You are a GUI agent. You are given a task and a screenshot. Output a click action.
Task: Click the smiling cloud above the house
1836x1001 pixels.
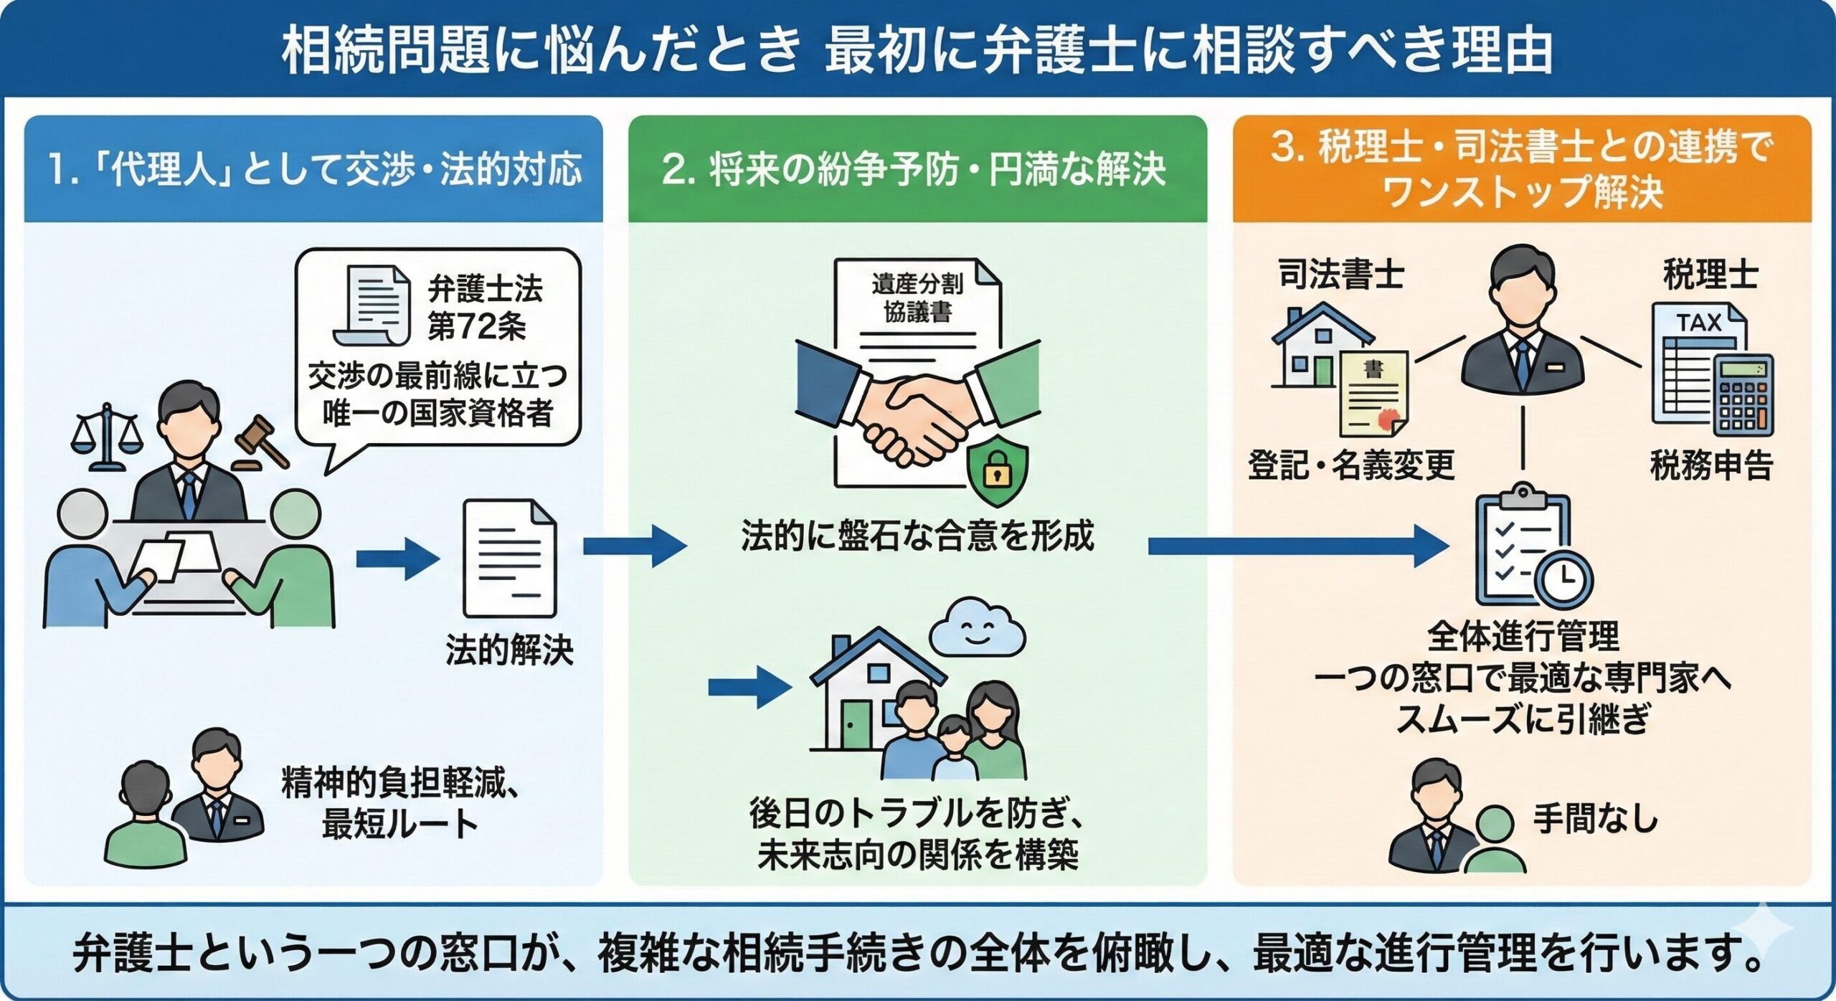click(x=978, y=629)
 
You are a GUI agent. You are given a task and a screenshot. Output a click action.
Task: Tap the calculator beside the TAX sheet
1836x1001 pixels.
click(x=1742, y=395)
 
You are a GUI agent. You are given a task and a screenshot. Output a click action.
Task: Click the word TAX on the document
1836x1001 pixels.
click(x=1698, y=323)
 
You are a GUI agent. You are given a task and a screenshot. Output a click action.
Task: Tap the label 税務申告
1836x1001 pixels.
click(x=1711, y=465)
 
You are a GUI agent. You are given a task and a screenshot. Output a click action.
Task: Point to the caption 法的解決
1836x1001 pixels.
click(x=509, y=651)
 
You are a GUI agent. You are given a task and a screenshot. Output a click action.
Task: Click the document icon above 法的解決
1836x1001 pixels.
click(x=509, y=559)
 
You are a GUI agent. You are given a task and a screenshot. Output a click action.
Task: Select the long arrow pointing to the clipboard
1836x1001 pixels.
click(x=1298, y=546)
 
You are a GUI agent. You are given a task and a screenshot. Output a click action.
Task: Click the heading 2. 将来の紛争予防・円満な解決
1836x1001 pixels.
click(x=914, y=171)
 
